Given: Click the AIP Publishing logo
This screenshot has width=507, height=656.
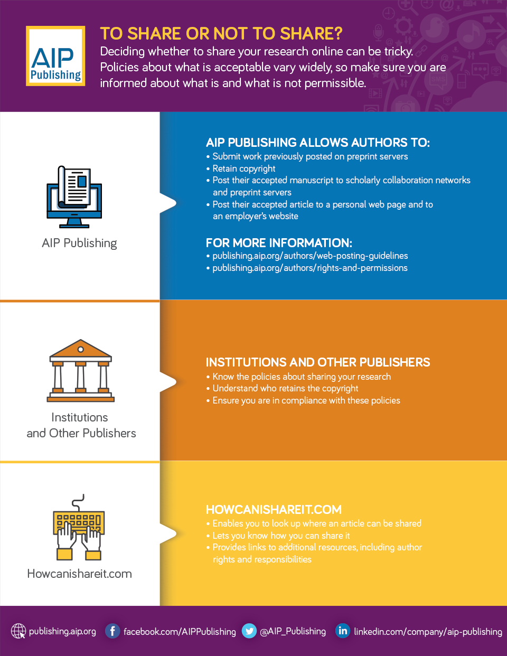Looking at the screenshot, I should (x=55, y=56).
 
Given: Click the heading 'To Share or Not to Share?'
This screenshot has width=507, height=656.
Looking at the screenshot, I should (x=221, y=34).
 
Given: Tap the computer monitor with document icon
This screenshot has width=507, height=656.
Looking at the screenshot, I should (x=74, y=196).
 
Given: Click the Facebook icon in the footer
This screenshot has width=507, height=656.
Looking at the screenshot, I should (x=112, y=631).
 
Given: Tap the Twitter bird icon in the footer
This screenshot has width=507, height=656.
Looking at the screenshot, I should (x=249, y=631).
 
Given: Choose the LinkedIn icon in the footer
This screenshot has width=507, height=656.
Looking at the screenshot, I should (x=343, y=631).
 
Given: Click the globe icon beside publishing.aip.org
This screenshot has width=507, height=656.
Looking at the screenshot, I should (x=18, y=631).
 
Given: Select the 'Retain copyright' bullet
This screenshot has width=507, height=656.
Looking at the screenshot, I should (x=243, y=168).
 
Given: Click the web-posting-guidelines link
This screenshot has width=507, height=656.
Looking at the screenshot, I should (x=310, y=256).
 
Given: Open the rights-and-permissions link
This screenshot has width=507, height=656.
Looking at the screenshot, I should (x=310, y=268).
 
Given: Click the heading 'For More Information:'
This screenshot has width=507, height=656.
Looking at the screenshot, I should (x=279, y=243).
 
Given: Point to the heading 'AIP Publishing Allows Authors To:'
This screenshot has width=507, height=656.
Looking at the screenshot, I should (x=318, y=143).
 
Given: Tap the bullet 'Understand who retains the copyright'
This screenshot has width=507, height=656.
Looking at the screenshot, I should (x=285, y=388).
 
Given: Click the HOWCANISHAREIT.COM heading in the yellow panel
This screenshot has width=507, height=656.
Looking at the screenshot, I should (x=274, y=510).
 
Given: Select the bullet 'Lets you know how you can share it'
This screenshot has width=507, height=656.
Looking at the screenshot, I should (x=281, y=536).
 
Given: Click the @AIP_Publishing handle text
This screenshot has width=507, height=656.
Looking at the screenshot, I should (x=293, y=631).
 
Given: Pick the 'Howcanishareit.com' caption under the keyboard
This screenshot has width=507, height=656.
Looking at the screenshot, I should (x=80, y=574).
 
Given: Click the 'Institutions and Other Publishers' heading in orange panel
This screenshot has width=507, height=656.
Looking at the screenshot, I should (x=318, y=362).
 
